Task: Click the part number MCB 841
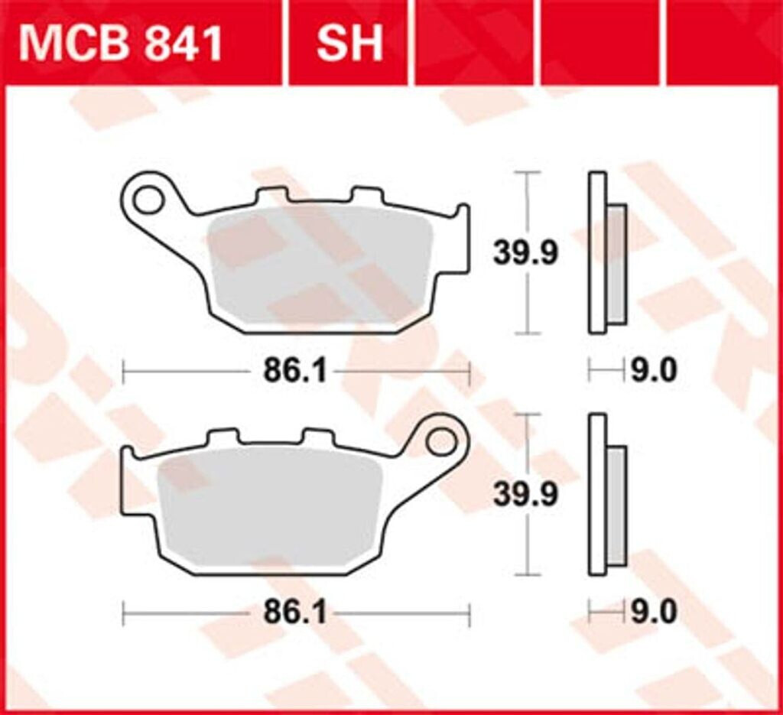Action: click(121, 44)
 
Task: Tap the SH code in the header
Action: click(349, 44)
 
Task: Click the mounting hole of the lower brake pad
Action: click(441, 441)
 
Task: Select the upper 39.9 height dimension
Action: click(526, 253)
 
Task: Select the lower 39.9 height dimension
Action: click(526, 495)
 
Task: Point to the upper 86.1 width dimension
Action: click(295, 372)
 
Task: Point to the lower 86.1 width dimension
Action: click(295, 613)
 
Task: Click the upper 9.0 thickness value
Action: click(654, 372)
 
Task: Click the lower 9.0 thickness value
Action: click(654, 613)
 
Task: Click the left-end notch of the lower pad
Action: click(128, 457)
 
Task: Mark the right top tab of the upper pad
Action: click(366, 195)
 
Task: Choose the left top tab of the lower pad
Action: click(223, 437)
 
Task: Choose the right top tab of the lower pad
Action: click(317, 437)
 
